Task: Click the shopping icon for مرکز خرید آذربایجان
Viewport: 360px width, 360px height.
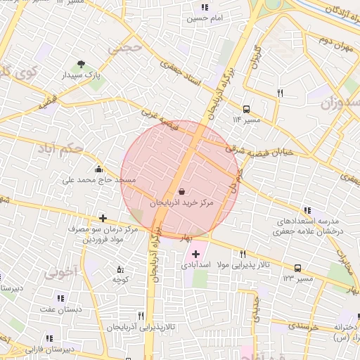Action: tap(182, 191)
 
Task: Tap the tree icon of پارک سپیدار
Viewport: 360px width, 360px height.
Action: tap(83, 64)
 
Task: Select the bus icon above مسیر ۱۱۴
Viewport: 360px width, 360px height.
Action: tap(246, 109)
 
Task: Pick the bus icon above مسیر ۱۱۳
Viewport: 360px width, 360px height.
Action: tap(297, 268)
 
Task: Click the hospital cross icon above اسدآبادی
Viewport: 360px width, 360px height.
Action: tap(195, 253)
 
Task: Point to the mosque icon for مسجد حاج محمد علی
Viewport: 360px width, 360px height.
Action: tap(98, 169)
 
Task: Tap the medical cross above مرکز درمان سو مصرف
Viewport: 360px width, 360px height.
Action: tap(103, 219)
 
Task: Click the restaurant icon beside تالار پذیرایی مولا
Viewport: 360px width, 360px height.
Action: tap(243, 254)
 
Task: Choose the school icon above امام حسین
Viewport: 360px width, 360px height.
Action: tap(205, 7)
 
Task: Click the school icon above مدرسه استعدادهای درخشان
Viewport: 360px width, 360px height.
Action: tap(307, 210)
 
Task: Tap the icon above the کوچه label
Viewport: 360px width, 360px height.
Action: tap(120, 269)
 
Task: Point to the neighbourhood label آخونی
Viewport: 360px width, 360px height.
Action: tap(58, 274)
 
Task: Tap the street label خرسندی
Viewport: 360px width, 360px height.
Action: tap(304, 327)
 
